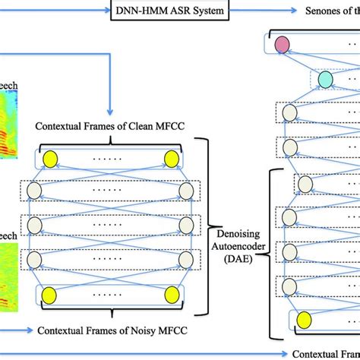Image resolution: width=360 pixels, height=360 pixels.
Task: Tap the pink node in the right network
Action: click(283, 46)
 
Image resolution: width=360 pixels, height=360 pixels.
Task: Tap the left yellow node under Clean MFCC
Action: click(51, 159)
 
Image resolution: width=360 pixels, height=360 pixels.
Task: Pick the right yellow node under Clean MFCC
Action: click(172, 159)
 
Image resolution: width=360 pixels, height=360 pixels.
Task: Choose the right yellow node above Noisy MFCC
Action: click(172, 295)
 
